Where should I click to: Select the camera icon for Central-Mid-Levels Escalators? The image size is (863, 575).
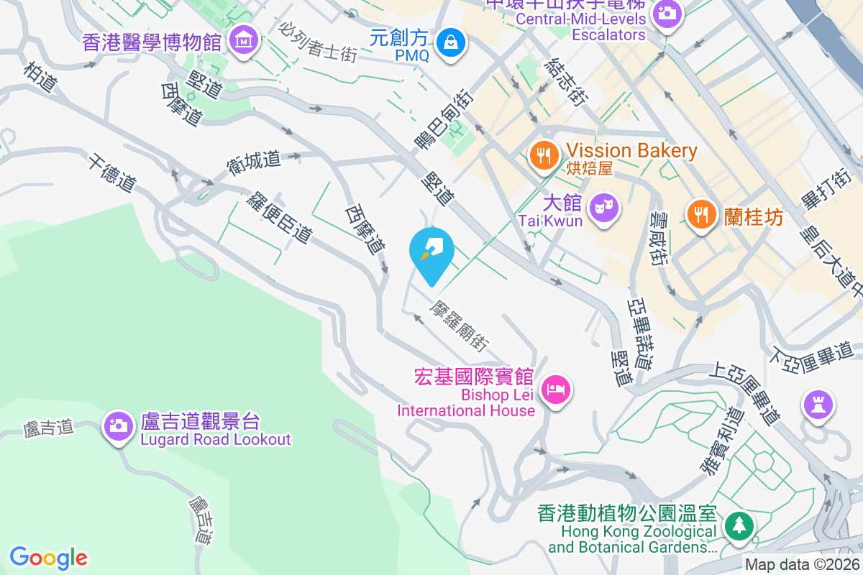click(x=667, y=14)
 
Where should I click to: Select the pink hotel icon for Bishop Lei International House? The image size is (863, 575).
click(x=557, y=390)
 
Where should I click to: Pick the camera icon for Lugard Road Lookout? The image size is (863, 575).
click(x=119, y=425)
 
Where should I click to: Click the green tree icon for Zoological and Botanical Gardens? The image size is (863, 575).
click(x=738, y=525)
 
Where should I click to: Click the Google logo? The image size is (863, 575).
click(x=49, y=557)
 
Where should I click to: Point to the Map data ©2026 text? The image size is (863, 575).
click(x=802, y=565)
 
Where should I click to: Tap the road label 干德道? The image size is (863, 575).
click(x=111, y=172)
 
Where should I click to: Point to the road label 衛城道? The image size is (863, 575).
click(x=254, y=160)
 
